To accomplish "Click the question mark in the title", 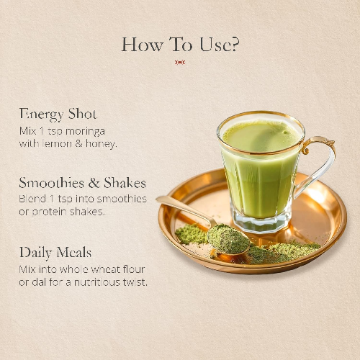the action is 235,45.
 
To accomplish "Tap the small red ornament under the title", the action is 180,63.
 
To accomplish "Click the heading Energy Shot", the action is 58,114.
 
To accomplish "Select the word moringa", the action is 85,132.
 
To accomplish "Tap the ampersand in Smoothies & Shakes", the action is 94,183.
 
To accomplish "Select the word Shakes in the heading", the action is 125,183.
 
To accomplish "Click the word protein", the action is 49,212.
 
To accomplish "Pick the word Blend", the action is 32,199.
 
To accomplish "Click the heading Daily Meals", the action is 55,253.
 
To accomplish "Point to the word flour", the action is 134,269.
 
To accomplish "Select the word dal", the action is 39,282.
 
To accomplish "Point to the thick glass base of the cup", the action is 261,222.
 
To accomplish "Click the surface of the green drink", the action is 261,136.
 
